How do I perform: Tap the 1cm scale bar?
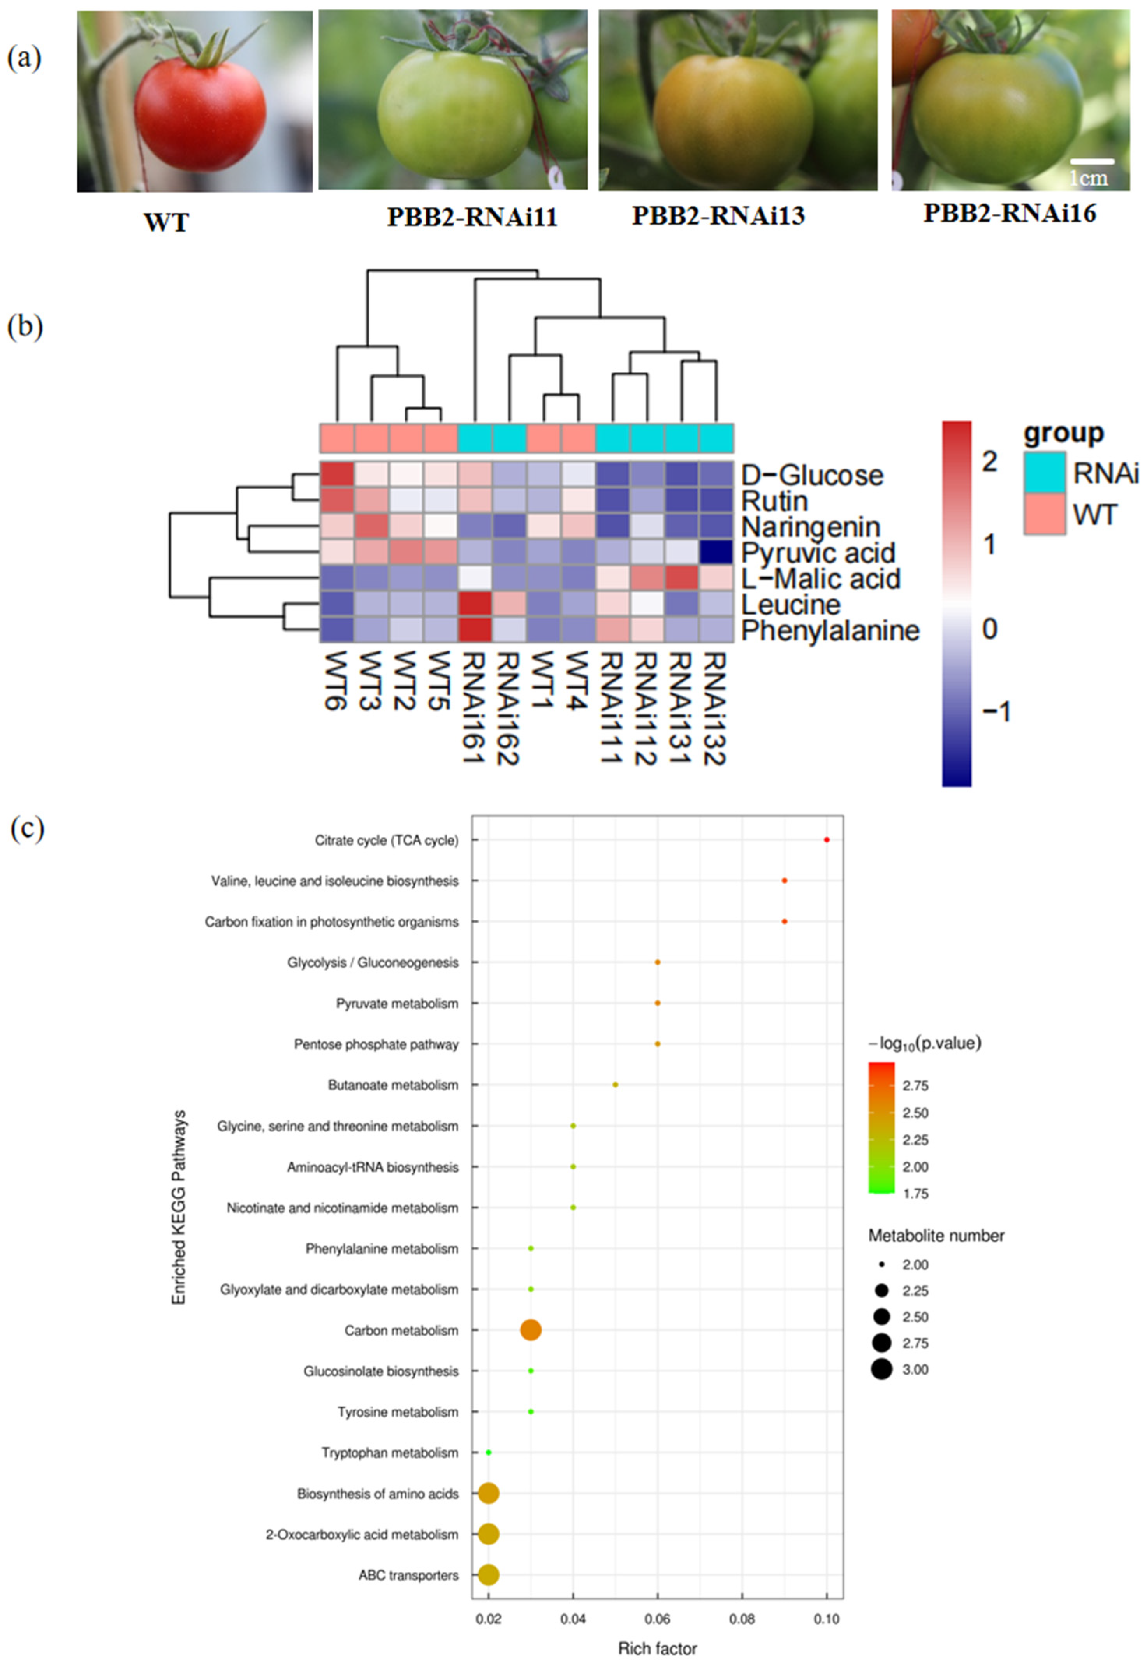[x=1092, y=162]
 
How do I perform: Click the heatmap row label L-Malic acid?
[x=821, y=578]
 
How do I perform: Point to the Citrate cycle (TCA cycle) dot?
[x=827, y=839]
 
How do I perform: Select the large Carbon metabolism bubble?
[x=530, y=1330]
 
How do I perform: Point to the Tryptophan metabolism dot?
[x=489, y=1452]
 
